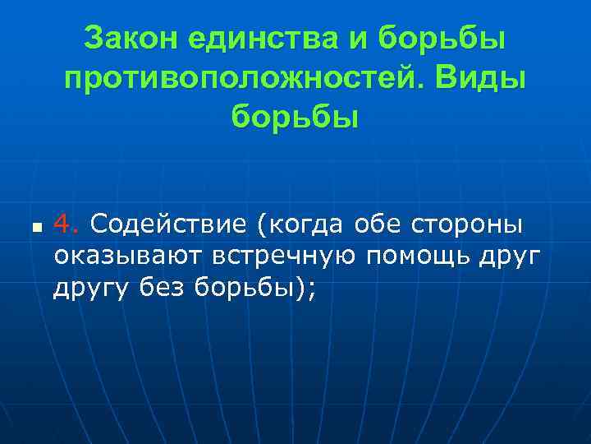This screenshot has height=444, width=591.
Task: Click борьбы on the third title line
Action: (x=295, y=118)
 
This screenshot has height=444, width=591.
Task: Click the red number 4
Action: (x=66, y=223)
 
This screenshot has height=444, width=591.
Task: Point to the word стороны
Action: (x=470, y=223)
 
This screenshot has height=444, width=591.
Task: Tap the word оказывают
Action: (x=127, y=256)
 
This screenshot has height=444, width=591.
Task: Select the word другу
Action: (x=87, y=289)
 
